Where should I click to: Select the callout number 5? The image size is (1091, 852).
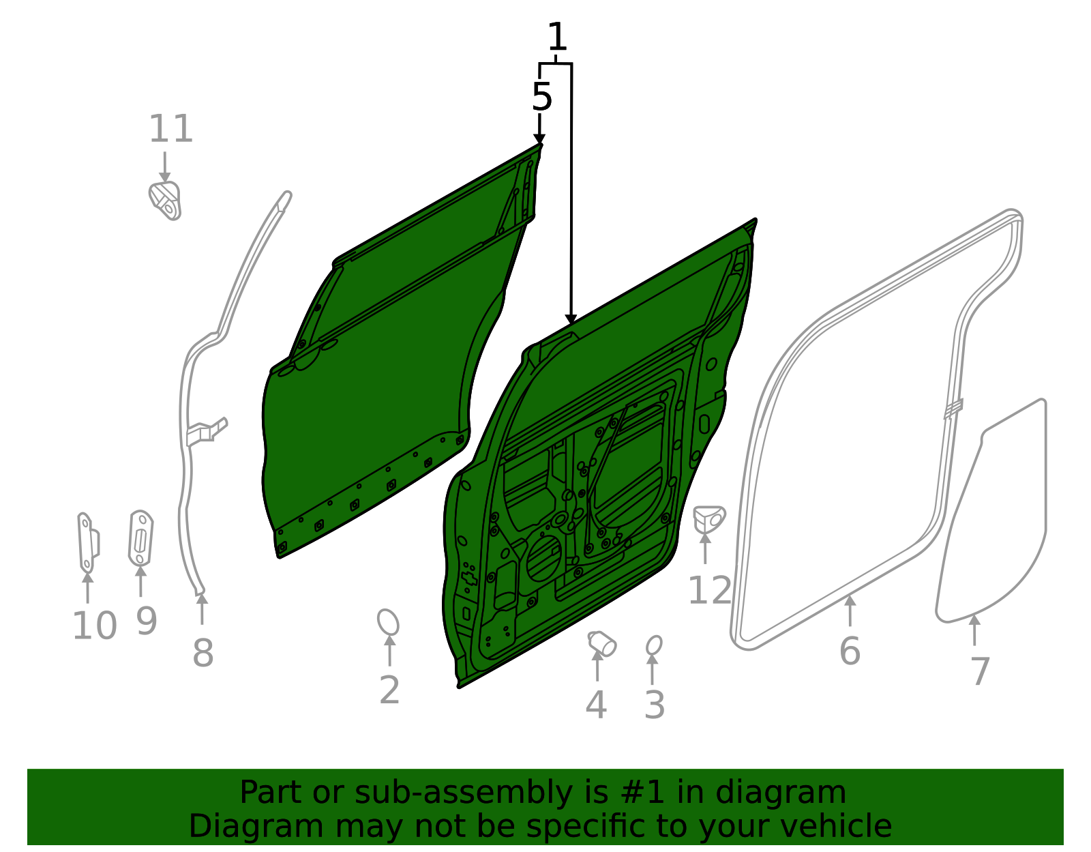coord(541,98)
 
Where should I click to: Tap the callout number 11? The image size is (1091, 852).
coord(171,129)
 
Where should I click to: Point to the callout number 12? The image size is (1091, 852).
coord(710,591)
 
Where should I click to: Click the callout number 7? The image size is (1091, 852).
coord(980,672)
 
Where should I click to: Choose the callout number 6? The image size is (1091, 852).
coord(850,651)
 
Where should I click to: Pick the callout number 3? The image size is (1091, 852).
coord(655,705)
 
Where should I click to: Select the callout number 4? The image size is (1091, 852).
coord(596,705)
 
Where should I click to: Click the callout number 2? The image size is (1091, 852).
coord(389,690)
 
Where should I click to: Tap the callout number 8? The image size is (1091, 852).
coord(203,653)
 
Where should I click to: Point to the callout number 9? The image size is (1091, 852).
coord(147,621)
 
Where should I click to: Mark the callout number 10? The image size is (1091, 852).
coord(94,626)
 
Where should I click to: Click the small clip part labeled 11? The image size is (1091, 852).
coord(166,201)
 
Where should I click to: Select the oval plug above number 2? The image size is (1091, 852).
coord(388,622)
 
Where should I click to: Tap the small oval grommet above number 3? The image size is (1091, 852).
coord(654,645)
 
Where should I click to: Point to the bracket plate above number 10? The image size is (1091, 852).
coord(87,543)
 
